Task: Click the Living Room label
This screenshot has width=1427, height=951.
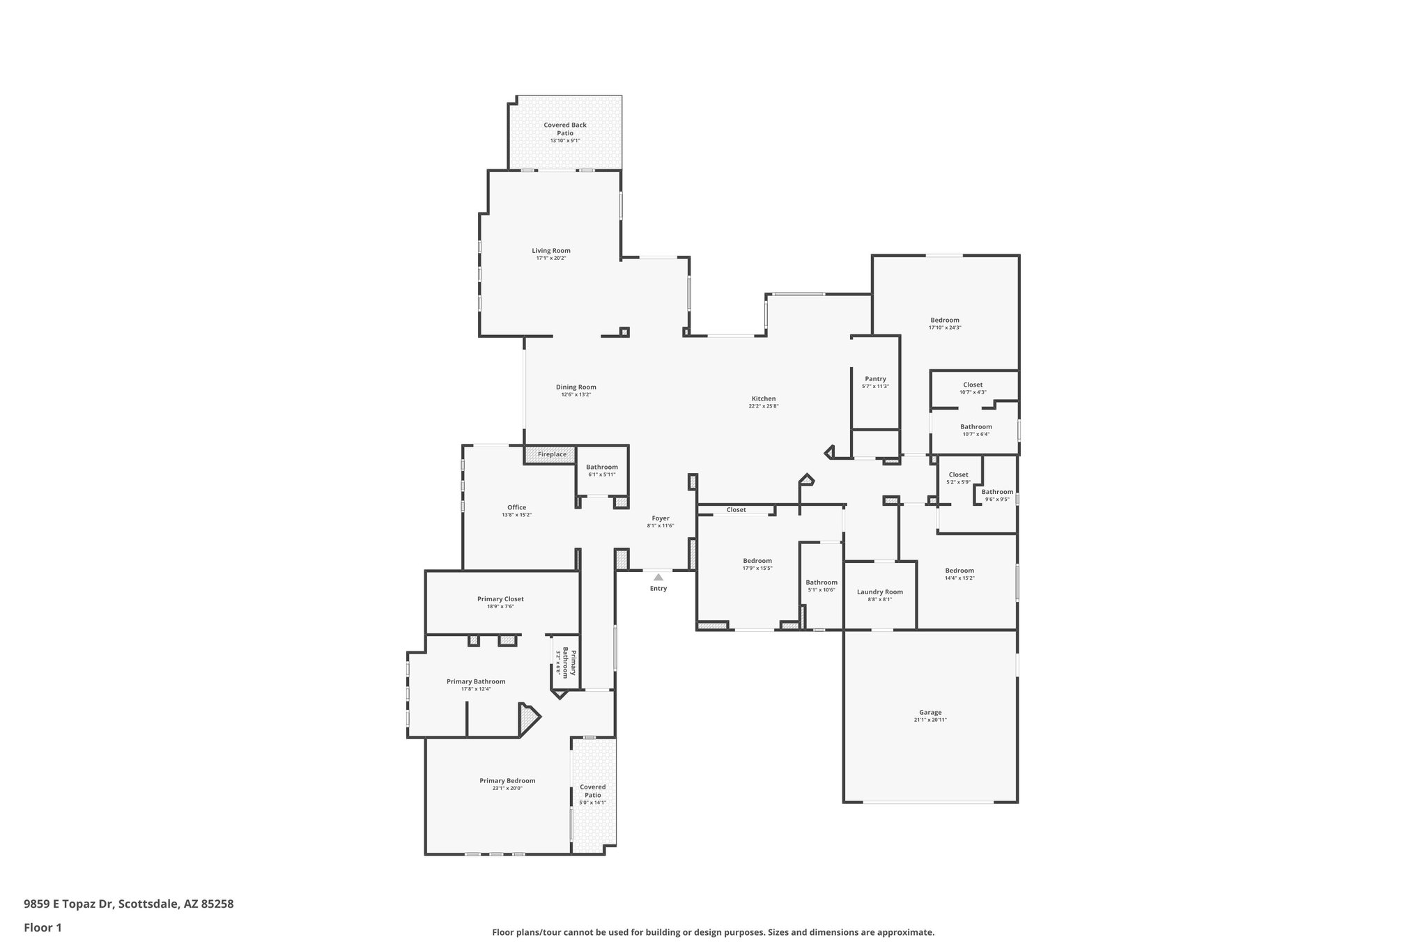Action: point(551,251)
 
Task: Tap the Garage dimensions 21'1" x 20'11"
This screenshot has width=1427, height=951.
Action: point(930,720)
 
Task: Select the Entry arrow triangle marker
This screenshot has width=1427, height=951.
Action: point(658,577)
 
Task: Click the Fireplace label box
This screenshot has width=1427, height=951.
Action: point(552,455)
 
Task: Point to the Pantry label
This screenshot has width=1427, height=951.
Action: point(875,379)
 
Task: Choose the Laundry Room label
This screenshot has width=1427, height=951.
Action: point(879,592)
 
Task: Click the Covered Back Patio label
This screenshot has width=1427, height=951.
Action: point(565,129)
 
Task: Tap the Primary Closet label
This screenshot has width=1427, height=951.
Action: point(500,599)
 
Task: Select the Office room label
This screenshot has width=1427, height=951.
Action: point(516,507)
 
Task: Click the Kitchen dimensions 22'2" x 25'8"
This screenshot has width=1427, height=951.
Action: point(764,406)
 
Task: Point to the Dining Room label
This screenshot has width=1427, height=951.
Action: point(576,387)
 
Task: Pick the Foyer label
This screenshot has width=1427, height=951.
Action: point(661,518)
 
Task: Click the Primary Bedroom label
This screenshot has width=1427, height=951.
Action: point(507,781)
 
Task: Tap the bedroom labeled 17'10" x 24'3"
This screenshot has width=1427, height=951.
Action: point(945,320)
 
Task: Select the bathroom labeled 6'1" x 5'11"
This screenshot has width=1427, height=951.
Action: point(601,467)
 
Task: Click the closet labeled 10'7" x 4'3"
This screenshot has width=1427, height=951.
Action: point(973,385)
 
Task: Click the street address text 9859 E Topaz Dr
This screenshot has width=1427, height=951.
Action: point(70,904)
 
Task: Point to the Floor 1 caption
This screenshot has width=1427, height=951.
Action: point(43,927)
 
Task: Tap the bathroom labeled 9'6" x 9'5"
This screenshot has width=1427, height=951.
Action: point(997,492)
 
